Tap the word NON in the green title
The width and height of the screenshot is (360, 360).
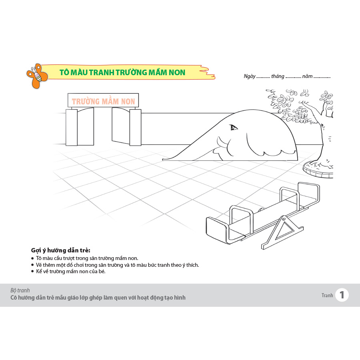177,72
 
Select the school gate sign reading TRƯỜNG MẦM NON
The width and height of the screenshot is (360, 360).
103,100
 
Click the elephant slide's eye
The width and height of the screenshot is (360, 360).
234,127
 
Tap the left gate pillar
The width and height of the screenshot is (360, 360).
72,128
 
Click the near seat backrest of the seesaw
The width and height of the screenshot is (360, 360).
216,230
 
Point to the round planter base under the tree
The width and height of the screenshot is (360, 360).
318,170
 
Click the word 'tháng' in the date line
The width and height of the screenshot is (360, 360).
278,76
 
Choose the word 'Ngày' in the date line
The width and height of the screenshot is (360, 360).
250,76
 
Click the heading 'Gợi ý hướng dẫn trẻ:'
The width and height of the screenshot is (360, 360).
61,250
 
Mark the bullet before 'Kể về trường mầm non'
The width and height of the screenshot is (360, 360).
33,271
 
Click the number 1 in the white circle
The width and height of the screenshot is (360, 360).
342,295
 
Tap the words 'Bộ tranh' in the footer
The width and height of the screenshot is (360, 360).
20,290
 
